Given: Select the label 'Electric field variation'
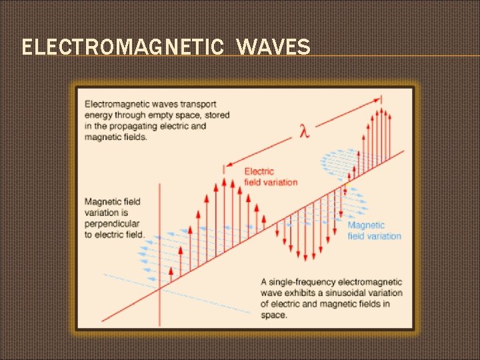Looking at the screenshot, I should pyautogui.click(x=271, y=177).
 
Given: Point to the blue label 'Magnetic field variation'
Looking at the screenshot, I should pyautogui.click(x=374, y=231).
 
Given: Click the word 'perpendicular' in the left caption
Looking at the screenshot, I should pyautogui.click(x=112, y=223).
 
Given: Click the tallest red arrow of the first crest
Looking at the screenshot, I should pyautogui.click(x=224, y=200).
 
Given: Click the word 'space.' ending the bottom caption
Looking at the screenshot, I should pyautogui.click(x=274, y=315).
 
